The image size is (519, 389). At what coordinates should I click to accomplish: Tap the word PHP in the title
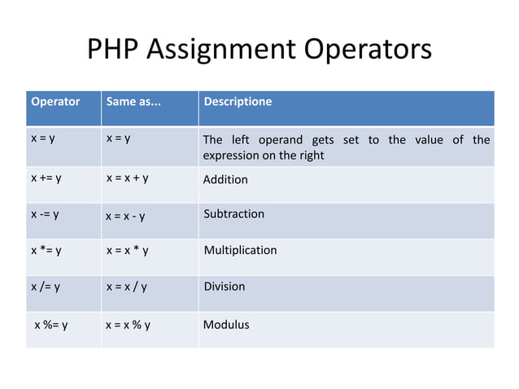tap(114, 50)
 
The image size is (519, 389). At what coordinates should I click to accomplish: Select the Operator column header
tap(55, 103)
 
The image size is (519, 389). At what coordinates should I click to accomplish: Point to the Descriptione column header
tap(238, 103)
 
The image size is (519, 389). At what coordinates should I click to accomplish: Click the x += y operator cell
tap(47, 178)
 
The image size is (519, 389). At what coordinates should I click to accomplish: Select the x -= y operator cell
tap(46, 215)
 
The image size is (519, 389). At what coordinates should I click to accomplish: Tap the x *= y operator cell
tap(46, 251)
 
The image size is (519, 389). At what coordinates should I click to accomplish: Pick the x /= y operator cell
tap(46, 286)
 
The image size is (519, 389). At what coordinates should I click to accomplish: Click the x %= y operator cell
tap(50, 325)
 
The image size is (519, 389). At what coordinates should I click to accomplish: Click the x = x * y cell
tap(127, 251)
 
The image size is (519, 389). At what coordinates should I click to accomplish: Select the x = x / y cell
tap(126, 286)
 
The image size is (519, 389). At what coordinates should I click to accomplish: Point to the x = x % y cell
tap(128, 325)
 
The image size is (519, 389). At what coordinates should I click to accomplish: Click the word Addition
tap(225, 179)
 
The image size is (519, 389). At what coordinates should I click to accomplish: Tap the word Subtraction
tap(233, 214)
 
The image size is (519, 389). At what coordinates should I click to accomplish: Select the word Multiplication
tap(240, 250)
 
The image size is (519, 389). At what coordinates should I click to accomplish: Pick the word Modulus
tap(226, 325)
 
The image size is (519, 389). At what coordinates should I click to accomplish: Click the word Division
tap(224, 286)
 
